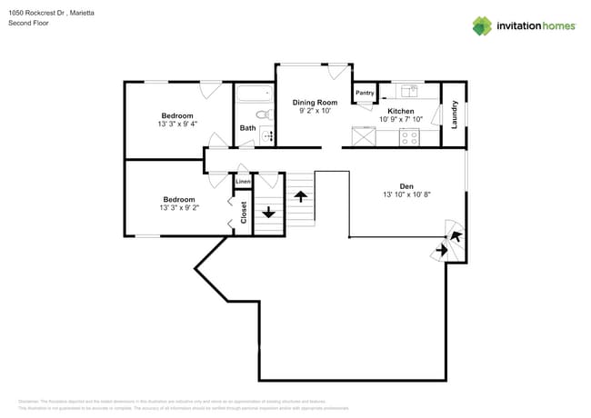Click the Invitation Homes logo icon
[483, 25]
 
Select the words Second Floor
[28, 24]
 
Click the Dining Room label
[315, 103]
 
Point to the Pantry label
[365, 93]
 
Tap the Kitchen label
[401, 110]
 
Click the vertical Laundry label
[454, 114]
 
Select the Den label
[406, 185]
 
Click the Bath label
[247, 128]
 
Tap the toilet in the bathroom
[263, 115]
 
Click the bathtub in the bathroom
[255, 93]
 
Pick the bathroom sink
[266, 136]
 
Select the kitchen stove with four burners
[409, 138]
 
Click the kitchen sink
[409, 90]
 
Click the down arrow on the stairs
[268, 214]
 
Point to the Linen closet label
[243, 183]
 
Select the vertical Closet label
[244, 212]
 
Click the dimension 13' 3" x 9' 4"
[177, 124]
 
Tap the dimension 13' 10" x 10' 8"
[406, 195]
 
